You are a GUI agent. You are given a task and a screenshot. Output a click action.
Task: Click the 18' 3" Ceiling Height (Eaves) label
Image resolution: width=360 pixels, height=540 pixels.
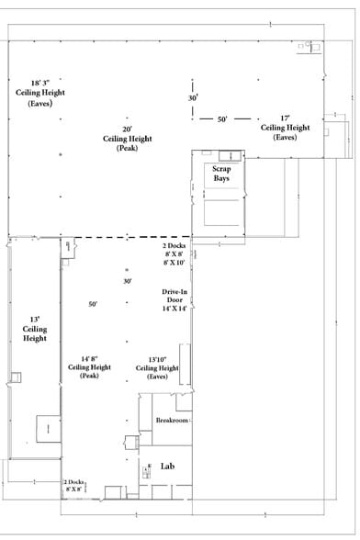(34, 94)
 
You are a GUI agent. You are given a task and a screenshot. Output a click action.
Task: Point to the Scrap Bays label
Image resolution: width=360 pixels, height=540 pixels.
(221, 174)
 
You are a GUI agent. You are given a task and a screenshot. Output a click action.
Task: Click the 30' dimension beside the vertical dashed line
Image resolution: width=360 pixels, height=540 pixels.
(193, 97)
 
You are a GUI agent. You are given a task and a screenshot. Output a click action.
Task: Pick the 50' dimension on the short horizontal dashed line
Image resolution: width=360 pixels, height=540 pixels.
(222, 119)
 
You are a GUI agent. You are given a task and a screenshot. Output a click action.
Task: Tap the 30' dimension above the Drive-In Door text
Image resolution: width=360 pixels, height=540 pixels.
(128, 281)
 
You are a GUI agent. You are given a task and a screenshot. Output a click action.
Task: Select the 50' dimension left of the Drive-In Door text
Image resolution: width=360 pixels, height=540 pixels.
(93, 304)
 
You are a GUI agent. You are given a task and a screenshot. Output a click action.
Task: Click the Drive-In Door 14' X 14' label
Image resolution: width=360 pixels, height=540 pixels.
(174, 300)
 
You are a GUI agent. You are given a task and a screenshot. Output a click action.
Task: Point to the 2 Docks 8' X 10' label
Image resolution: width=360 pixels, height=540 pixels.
(174, 255)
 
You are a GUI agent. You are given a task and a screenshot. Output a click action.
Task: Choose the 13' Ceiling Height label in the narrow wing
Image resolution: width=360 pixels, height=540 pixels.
(35, 329)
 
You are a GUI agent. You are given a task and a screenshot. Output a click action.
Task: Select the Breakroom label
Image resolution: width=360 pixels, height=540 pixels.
(172, 420)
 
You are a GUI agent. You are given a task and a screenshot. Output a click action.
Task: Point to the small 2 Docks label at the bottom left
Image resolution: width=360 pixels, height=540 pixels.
(73, 486)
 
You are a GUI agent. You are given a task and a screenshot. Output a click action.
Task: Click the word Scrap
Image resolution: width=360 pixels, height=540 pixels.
(221, 169)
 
